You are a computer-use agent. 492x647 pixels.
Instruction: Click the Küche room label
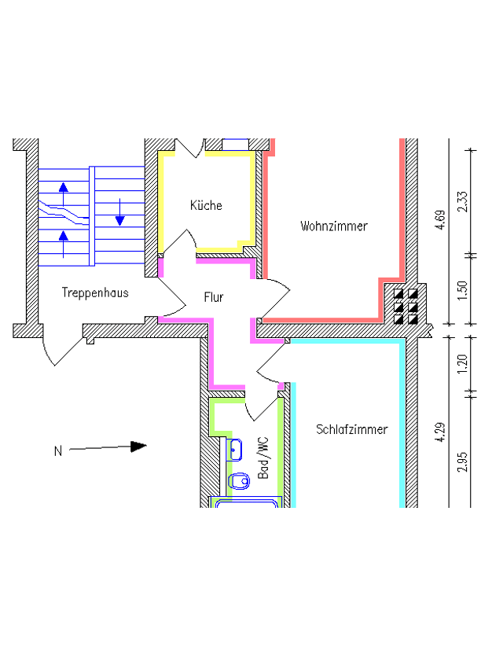click(x=206, y=205)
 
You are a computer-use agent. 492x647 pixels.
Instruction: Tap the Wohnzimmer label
click(x=334, y=226)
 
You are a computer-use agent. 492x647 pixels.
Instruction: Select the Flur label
click(x=214, y=297)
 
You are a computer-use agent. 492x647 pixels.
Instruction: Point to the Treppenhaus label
click(x=95, y=292)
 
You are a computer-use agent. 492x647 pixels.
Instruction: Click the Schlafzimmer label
click(x=352, y=429)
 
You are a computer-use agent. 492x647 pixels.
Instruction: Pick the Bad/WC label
click(x=263, y=458)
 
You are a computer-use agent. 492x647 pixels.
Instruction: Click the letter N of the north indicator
click(x=58, y=451)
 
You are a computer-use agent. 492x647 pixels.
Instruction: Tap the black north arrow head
click(x=138, y=447)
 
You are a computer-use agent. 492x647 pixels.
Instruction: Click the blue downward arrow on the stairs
click(x=120, y=212)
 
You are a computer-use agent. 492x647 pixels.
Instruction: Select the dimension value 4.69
click(x=440, y=220)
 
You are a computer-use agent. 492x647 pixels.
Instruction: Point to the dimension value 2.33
click(x=463, y=201)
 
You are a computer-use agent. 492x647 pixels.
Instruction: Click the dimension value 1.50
click(x=463, y=291)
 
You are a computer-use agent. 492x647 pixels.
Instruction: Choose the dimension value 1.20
click(x=463, y=363)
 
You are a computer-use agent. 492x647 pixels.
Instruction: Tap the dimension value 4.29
click(x=440, y=432)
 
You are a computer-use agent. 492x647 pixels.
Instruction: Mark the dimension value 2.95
click(x=463, y=462)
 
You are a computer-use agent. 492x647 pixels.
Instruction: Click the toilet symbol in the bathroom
click(x=239, y=480)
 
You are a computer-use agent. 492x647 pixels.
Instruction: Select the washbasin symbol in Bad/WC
click(x=235, y=450)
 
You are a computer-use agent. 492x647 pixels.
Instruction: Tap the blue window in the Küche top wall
click(x=236, y=145)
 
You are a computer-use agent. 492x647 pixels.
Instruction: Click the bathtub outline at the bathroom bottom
click(x=246, y=502)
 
